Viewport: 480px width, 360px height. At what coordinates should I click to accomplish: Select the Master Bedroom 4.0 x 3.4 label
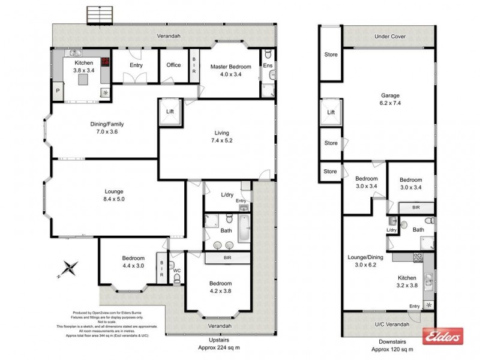pyautogui.click(x=226, y=71)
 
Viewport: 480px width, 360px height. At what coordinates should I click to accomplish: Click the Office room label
pyautogui.click(x=174, y=65)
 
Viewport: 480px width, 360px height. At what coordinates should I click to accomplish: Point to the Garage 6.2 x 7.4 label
pyautogui.click(x=390, y=100)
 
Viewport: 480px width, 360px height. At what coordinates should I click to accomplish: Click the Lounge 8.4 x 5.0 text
pyautogui.click(x=114, y=196)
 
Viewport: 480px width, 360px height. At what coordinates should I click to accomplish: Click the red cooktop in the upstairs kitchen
pyautogui.click(x=106, y=62)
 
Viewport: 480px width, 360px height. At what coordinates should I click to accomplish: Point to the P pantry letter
pyautogui.click(x=58, y=91)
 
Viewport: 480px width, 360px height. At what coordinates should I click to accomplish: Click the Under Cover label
pyautogui.click(x=390, y=37)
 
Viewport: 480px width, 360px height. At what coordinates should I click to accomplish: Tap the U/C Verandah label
pyautogui.click(x=392, y=325)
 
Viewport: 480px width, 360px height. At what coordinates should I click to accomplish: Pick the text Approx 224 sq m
pyautogui.click(x=220, y=347)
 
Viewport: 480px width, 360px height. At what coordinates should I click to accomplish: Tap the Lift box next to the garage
pyautogui.click(x=331, y=113)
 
